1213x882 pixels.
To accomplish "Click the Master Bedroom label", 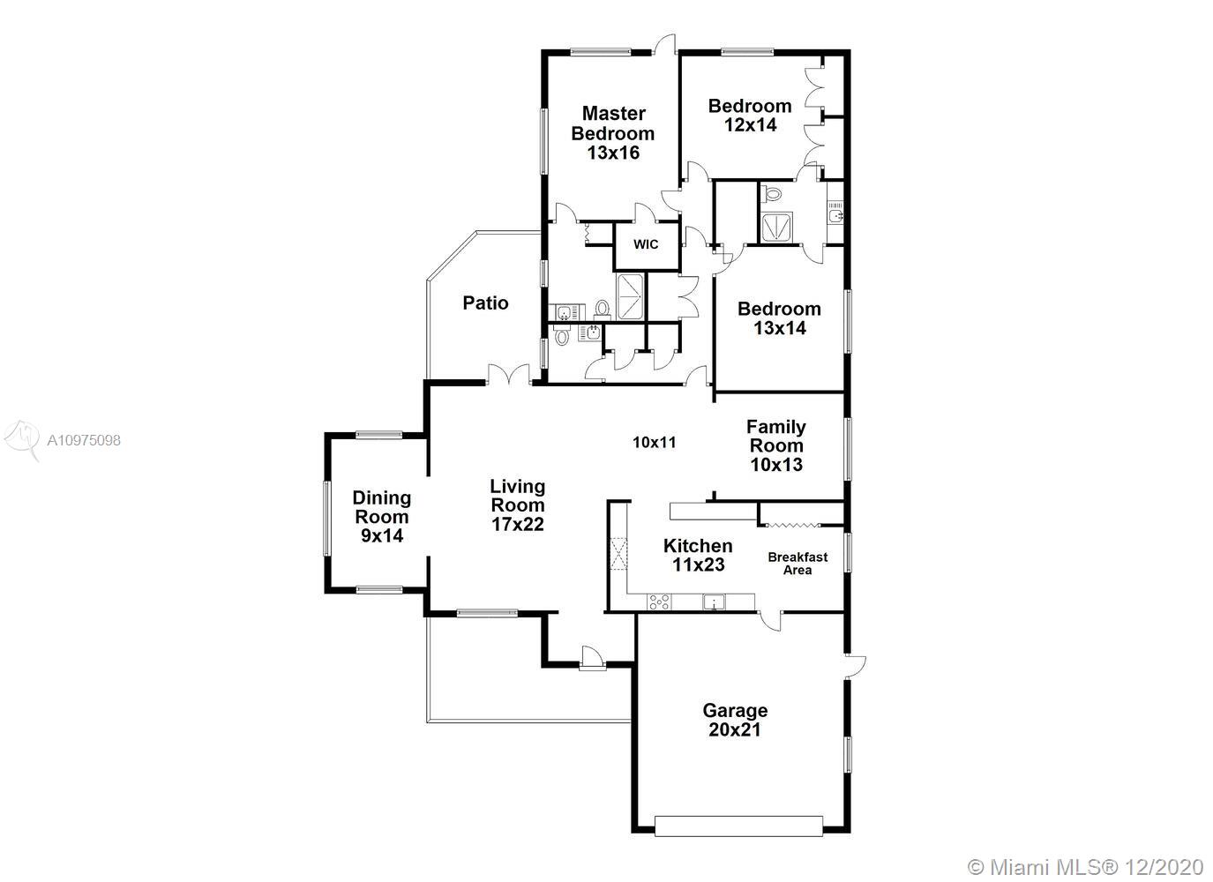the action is point(613,133).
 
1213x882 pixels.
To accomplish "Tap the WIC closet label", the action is point(646,244).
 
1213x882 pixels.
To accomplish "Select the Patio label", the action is point(485,303).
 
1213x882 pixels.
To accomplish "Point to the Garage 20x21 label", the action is point(735,720).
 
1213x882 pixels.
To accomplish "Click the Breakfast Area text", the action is point(797,563).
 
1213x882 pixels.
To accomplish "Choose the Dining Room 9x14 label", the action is point(382,517).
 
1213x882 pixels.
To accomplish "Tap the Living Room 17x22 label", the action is point(518,505).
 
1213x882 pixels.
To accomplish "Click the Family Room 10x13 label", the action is point(776,445).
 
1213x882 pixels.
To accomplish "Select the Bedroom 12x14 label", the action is point(750,115).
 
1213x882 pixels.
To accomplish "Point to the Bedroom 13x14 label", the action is point(779,318).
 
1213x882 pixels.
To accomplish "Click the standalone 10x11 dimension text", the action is point(655,443).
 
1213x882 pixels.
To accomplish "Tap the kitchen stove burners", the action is point(659,602).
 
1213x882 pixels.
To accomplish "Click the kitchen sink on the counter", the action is point(714,602).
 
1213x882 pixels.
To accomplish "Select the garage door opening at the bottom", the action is point(738,826).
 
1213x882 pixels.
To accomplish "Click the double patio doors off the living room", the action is point(508,375).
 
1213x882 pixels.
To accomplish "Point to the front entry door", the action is point(593,657).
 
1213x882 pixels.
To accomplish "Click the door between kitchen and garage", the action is point(770,620).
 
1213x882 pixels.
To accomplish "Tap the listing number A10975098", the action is point(84,440).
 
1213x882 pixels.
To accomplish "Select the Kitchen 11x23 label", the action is point(698,555).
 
